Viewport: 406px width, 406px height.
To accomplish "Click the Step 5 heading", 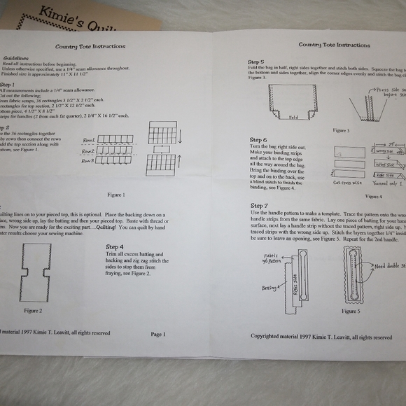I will (x=258, y=62).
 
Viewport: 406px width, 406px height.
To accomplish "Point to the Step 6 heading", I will (x=259, y=140).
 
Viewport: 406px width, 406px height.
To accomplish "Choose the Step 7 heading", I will (x=260, y=205).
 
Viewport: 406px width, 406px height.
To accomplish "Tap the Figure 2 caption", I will (x=33, y=310).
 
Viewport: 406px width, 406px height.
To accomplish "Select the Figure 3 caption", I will (x=342, y=130).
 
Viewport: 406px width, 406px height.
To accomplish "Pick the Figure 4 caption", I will (x=370, y=197).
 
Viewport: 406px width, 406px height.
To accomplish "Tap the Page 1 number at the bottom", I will (x=157, y=334).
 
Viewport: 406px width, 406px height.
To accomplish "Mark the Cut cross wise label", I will (x=349, y=184).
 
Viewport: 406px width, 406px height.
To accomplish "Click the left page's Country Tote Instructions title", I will (x=90, y=47).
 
